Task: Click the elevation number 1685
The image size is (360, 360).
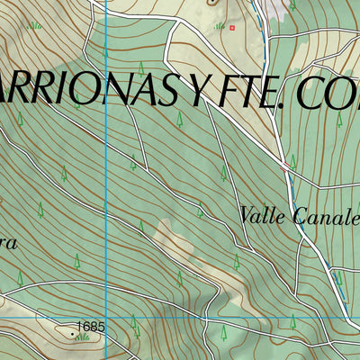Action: pyautogui.click(x=91, y=326)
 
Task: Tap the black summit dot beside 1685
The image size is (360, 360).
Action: pyautogui.click(x=73, y=329)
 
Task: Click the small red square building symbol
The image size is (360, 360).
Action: pyautogui.click(x=231, y=28)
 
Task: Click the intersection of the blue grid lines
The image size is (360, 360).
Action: pyautogui.click(x=106, y=317)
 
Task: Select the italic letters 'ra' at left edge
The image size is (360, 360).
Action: pyautogui.click(x=7, y=243)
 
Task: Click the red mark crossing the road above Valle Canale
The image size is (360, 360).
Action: pyautogui.click(x=285, y=165)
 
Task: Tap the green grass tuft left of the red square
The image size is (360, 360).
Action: pyautogui.click(x=219, y=26)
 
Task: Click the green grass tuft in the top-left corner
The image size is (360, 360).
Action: pyautogui.click(x=34, y=25)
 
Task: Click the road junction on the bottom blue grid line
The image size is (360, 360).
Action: pyautogui.click(x=206, y=319)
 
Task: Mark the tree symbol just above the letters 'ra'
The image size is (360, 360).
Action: pyautogui.click(x=40, y=209)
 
